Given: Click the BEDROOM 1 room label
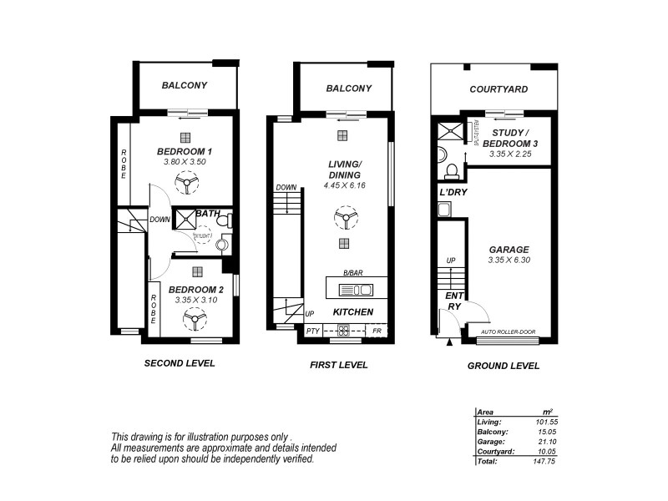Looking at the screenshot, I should pyautogui.click(x=185, y=151).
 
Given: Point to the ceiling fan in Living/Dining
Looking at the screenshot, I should pyautogui.click(x=342, y=220).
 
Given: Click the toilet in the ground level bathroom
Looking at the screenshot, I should pyautogui.click(x=452, y=172).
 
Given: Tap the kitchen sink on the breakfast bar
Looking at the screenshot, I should pyautogui.click(x=356, y=291).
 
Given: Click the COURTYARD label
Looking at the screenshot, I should pyautogui.click(x=498, y=89).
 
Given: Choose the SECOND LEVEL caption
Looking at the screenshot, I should pyautogui.click(x=180, y=363).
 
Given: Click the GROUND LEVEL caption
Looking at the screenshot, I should pyautogui.click(x=503, y=365).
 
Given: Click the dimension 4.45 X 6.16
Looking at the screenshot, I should pyautogui.click(x=344, y=185).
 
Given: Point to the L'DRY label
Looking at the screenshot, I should pyautogui.click(x=452, y=193).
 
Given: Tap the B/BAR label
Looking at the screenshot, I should pyautogui.click(x=352, y=273).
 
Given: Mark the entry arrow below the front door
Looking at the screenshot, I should pyautogui.click(x=449, y=342).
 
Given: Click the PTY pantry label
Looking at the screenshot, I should pyautogui.click(x=313, y=331).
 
